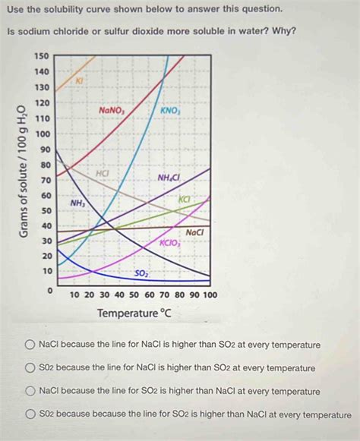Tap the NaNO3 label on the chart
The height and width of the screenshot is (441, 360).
112,110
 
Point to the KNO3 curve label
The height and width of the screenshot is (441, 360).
169,110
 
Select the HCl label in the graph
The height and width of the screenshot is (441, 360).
103,174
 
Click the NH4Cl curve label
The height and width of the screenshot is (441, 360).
169,178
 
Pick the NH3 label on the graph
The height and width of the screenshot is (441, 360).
77,203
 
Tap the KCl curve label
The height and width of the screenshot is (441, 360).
185,199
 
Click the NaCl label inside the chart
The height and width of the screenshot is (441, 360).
195,232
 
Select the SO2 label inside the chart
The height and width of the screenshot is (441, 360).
142,272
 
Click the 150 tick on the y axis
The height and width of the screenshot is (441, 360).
43,56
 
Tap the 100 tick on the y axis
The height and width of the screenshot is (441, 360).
43,134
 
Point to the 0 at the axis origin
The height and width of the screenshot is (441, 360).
50,291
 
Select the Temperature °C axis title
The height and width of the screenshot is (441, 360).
134,313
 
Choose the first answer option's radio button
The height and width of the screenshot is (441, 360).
29,345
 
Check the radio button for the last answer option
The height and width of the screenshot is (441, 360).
29,415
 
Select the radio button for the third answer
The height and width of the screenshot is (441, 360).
29,392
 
